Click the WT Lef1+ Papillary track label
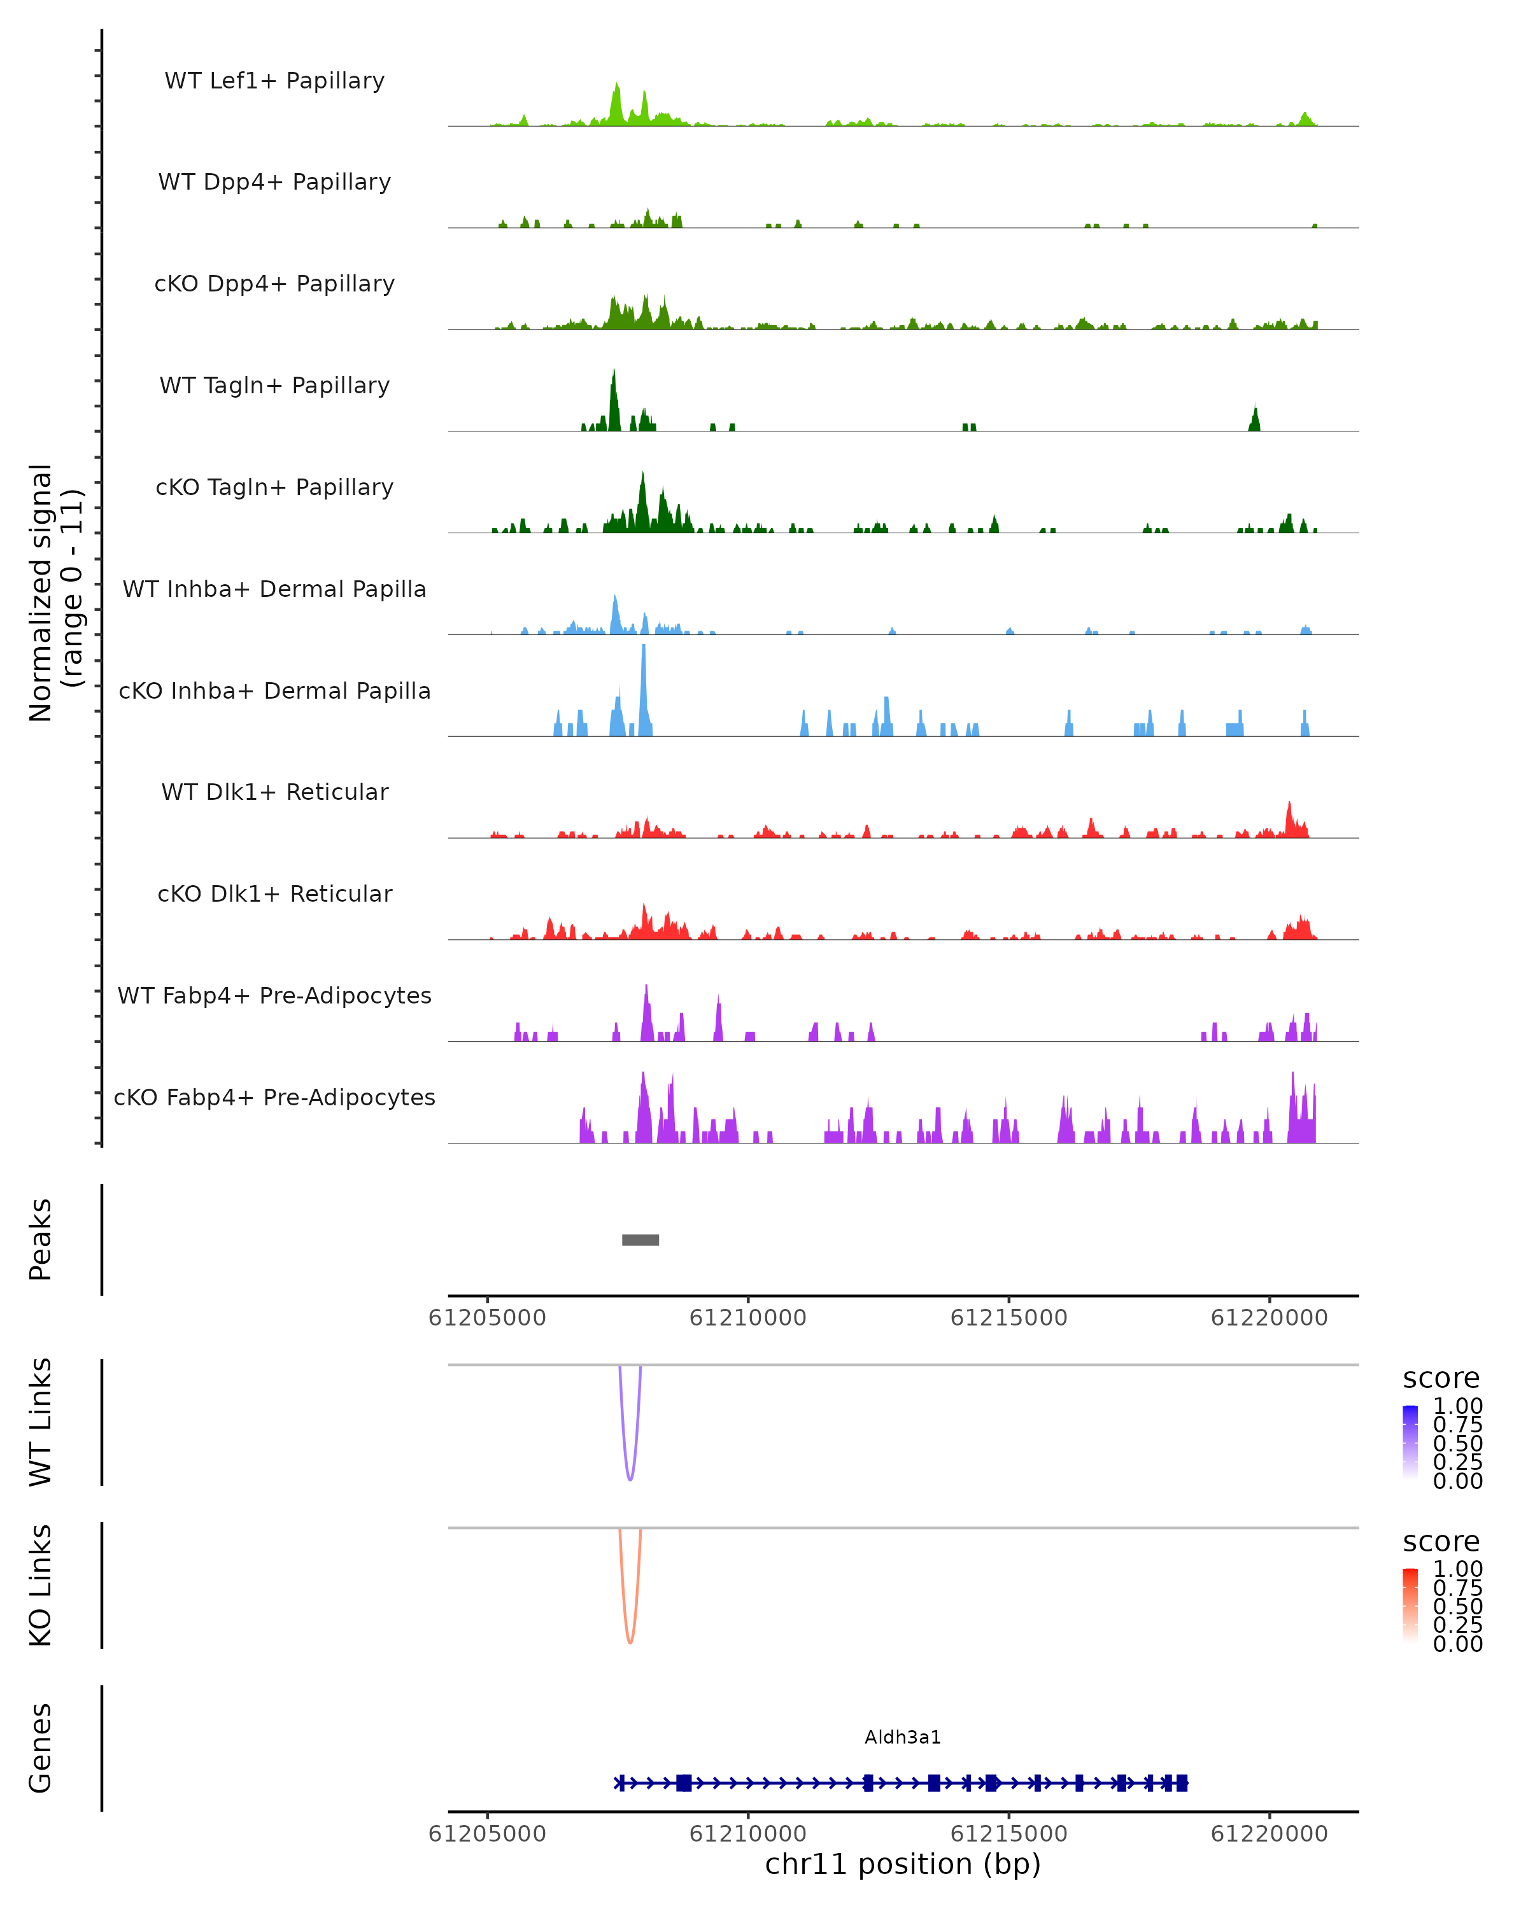274,81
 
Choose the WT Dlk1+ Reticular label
274,792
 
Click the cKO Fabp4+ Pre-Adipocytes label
274,1097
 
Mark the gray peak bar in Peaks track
640,1240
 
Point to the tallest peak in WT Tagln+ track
614,376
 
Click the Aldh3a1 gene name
903,1737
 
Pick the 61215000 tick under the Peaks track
1009,1318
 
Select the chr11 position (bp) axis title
903,1864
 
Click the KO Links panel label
41,1585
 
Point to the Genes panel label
41,1748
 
